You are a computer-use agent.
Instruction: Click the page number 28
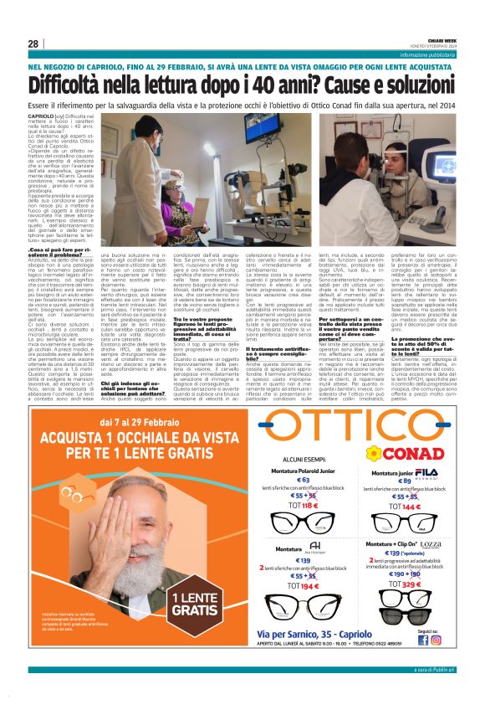(x=33, y=44)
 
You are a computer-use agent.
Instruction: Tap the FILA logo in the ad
(x=426, y=473)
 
